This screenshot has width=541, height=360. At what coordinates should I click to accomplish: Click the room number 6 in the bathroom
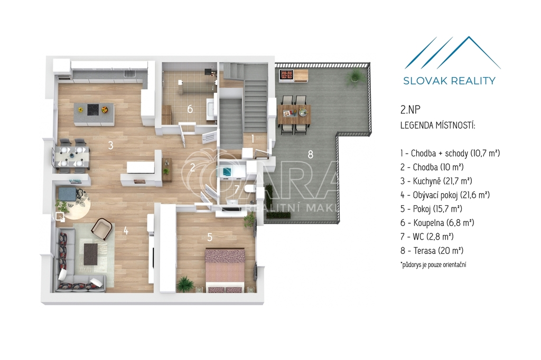click(190, 109)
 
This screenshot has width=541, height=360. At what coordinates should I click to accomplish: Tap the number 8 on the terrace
click(311, 154)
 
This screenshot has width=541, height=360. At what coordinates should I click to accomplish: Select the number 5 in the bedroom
click(210, 237)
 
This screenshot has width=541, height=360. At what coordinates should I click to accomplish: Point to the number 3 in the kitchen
click(110, 145)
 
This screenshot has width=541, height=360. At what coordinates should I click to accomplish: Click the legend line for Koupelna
click(437, 223)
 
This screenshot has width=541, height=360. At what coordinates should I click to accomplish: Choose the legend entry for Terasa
click(432, 251)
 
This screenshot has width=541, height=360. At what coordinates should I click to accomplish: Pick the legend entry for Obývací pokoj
click(445, 195)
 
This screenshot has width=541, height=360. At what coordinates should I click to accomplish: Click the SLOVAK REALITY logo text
click(449, 81)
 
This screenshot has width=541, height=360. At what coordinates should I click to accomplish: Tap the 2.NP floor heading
click(410, 110)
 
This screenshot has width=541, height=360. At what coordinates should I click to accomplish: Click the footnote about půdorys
click(433, 265)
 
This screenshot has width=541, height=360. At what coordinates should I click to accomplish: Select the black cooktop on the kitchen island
click(94, 110)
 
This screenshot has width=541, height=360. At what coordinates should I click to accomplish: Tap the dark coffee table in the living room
click(91, 254)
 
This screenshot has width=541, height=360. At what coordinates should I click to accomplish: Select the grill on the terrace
click(286, 75)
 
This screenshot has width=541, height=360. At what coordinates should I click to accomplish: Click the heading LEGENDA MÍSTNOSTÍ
click(438, 125)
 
